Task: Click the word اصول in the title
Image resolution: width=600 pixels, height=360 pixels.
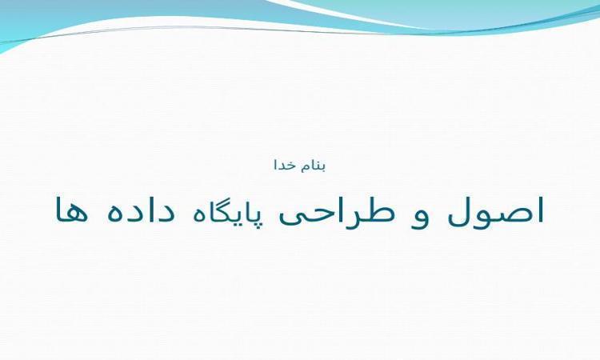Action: coord(495,212)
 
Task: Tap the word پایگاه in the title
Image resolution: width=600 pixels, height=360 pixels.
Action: coord(222,211)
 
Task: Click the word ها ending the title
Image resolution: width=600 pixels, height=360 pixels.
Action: coord(71,211)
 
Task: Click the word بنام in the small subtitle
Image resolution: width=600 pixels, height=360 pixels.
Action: coord(313,166)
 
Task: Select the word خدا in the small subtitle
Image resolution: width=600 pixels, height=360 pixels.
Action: coord(285,165)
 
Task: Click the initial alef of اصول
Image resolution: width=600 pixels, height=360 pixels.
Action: coord(540,210)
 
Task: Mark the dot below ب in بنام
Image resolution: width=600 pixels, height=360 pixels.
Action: coord(322,171)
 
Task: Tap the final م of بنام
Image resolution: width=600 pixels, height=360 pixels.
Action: coord(304,168)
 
